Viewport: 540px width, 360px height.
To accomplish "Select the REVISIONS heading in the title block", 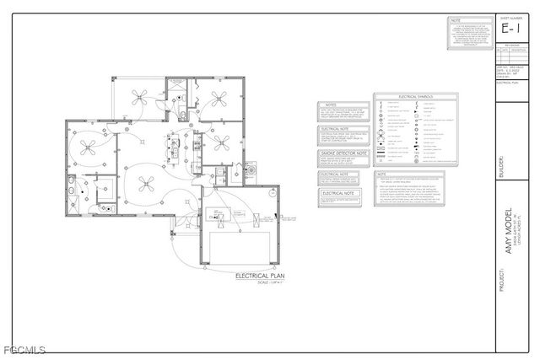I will tap(511, 46).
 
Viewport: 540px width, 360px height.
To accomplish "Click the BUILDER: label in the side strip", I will tap(503, 163).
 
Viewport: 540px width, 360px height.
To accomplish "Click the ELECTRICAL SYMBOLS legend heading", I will tap(415, 98).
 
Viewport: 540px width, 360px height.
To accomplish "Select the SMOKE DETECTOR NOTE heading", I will tap(343, 153).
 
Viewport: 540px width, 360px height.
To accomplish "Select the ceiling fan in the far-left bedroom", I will tap(88, 147).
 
